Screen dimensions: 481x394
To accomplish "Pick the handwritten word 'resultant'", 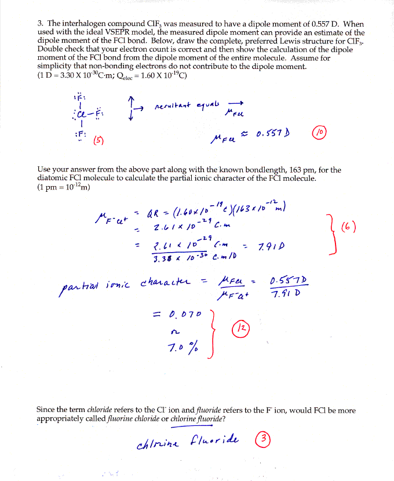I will pos(172,106).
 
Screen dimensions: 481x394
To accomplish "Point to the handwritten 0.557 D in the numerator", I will pos(289,281).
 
